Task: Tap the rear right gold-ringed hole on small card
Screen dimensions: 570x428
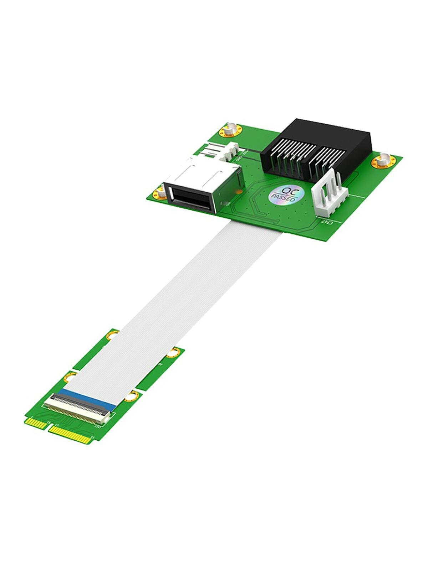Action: (174, 353)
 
